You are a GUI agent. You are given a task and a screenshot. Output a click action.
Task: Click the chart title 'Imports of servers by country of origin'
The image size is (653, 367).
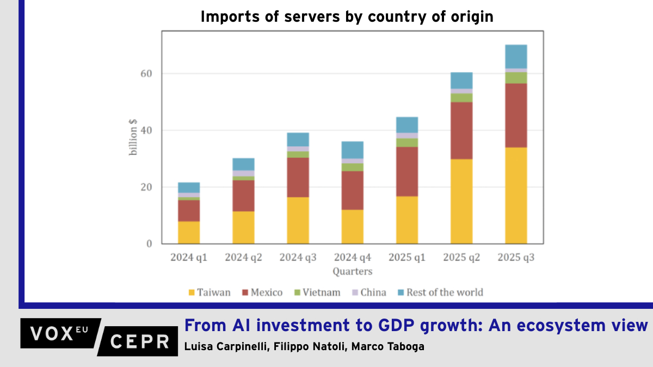pos(347,17)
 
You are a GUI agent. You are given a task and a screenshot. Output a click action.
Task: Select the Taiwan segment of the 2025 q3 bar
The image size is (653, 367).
pos(516,195)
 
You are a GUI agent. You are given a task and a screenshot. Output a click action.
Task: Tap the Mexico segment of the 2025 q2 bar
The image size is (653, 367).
pos(461,130)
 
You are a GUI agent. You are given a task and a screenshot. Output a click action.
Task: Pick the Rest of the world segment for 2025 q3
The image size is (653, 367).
pos(516,57)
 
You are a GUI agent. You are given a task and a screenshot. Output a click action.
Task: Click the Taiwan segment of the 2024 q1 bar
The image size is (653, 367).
pos(189,232)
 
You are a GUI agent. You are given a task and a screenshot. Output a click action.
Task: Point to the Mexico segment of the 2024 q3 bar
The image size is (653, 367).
pos(298,177)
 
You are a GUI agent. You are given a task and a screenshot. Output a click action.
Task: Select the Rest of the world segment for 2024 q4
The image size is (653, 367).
pos(353,150)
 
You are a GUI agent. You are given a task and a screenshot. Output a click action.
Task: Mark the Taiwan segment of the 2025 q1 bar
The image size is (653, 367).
pos(407,220)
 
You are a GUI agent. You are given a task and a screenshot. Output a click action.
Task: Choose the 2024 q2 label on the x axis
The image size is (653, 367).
pos(243,258)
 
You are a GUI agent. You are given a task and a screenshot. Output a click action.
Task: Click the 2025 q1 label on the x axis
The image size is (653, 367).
pos(407,258)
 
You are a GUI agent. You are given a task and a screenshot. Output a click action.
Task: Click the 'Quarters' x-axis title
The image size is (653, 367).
pos(353,271)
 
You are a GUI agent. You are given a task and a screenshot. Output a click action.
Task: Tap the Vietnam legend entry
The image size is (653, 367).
pos(321,293)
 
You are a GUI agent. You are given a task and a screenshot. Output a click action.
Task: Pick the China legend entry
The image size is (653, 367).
pos(372,293)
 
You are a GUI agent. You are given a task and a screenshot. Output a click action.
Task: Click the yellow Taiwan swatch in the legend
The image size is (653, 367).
pos(192,293)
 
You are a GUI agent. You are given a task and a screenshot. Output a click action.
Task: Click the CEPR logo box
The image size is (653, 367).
pos(140,341)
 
